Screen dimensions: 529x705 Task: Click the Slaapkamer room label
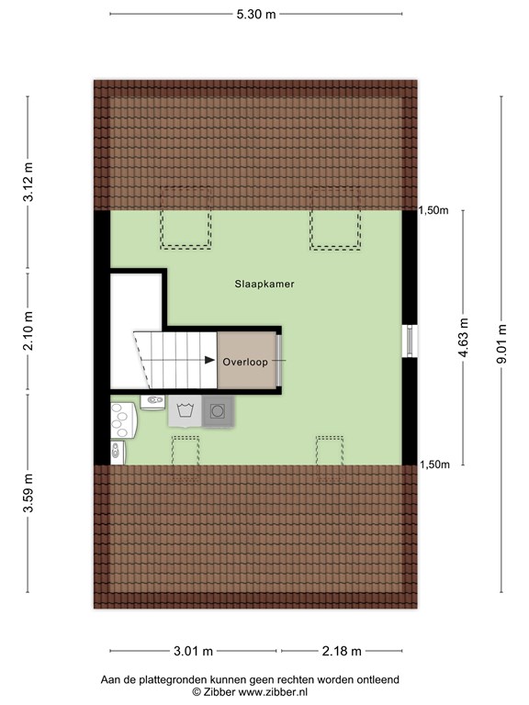tap(264, 284)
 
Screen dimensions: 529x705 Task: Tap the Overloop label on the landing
tap(245, 362)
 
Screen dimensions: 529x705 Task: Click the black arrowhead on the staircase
tap(209, 360)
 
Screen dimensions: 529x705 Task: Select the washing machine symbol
tap(185, 410)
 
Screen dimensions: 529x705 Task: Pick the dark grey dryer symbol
tap(218, 411)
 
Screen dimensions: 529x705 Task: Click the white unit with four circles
tap(123, 420)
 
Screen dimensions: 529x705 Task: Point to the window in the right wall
tap(410, 341)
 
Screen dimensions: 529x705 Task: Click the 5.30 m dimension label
tap(256, 14)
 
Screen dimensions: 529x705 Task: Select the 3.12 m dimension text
tap(28, 182)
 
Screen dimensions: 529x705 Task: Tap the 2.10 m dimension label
tap(28, 330)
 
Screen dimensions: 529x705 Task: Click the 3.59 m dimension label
tap(28, 493)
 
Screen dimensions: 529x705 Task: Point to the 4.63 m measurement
tap(463, 337)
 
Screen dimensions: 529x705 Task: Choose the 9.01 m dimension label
tap(501, 343)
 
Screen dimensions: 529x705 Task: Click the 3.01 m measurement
tap(194, 651)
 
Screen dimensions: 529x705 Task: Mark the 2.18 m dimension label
tap(342, 651)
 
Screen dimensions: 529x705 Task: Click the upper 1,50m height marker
tap(433, 210)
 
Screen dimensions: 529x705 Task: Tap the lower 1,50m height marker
tap(434, 464)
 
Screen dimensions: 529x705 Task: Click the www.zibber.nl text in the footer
tap(273, 692)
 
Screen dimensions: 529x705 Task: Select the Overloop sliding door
tap(279, 360)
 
